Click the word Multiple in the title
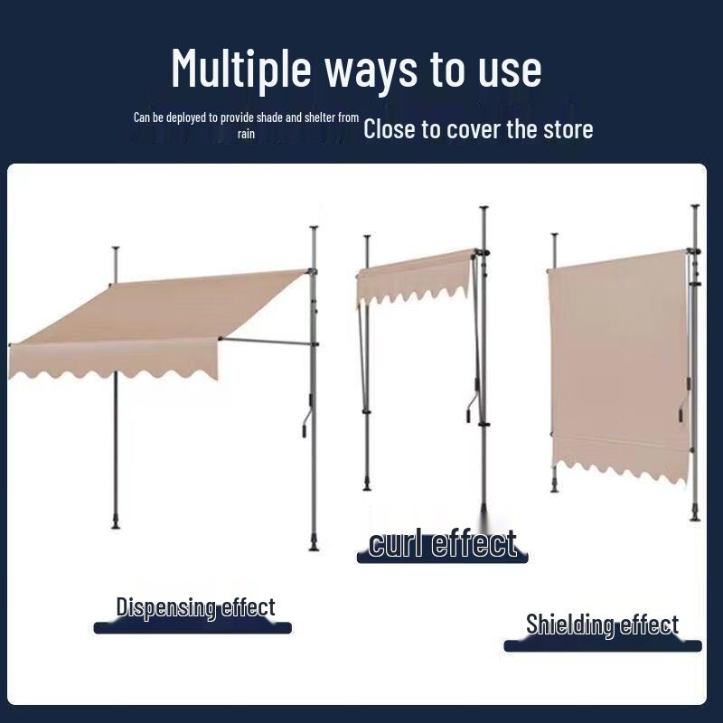[241, 69]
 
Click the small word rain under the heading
[247, 134]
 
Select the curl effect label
[443, 544]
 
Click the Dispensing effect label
[195, 607]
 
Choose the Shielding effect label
[602, 624]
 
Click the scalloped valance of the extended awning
[113, 361]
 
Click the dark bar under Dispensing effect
[192, 627]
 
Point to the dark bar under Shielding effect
[602, 645]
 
